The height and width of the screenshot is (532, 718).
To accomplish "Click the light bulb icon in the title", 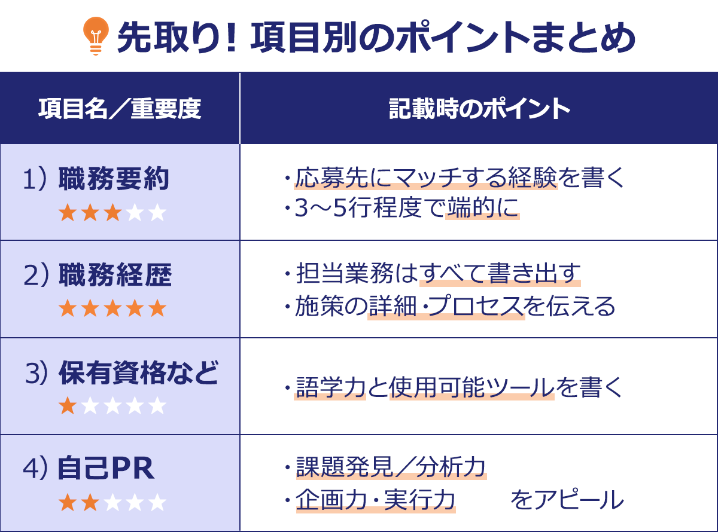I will (96, 36).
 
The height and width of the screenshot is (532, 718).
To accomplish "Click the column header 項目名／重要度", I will (120, 109).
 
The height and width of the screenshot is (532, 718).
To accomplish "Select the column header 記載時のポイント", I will (479, 109).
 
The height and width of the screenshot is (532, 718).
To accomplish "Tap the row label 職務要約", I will (114, 179).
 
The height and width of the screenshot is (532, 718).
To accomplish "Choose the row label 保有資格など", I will (138, 373).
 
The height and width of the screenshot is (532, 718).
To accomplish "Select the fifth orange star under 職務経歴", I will (157, 309).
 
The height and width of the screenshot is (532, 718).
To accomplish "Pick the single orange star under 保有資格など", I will (68, 406).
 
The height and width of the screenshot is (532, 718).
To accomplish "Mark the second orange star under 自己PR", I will (90, 502).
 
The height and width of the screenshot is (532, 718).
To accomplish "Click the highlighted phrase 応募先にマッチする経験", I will (425, 178).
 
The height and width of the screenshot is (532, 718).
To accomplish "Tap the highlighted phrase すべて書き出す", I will (500, 275).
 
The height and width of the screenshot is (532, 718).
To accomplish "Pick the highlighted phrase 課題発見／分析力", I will (391, 468).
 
